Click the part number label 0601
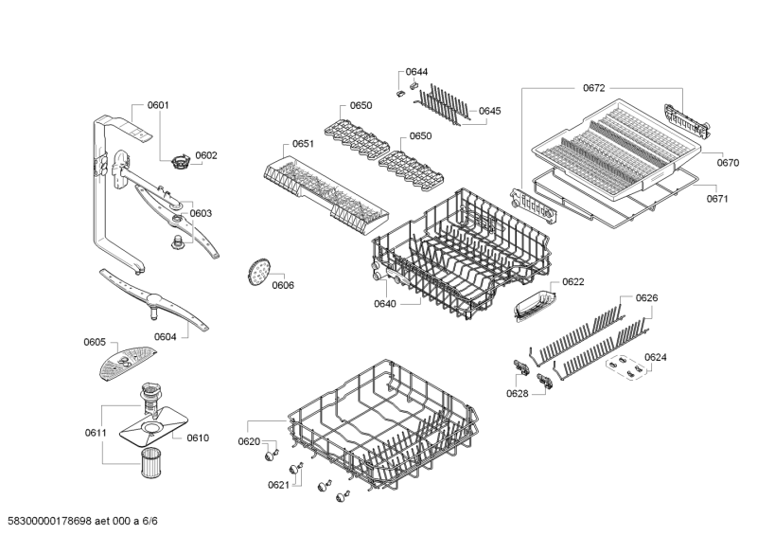[x=158, y=105]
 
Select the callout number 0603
[x=201, y=213]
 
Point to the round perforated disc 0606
[x=255, y=271]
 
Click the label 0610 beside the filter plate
[x=197, y=438]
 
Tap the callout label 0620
[x=248, y=441]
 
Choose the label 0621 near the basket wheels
[x=277, y=485]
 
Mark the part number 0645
[x=489, y=111]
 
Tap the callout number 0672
[x=593, y=88]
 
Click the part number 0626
[x=646, y=297]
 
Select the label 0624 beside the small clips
[x=655, y=357]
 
